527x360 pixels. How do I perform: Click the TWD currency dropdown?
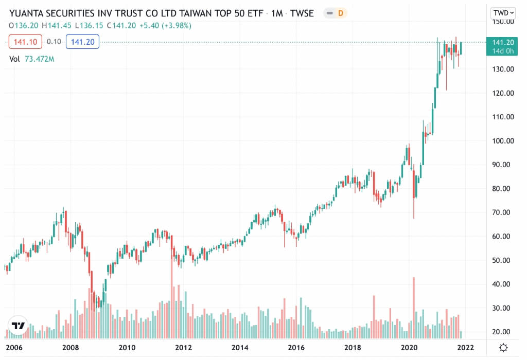[504, 12]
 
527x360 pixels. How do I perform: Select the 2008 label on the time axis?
[71, 347]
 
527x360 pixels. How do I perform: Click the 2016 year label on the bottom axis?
[296, 347]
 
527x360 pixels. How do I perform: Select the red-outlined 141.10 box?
[24, 42]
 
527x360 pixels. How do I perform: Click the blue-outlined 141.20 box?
[82, 42]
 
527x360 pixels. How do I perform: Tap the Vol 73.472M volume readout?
[32, 59]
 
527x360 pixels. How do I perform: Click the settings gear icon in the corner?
[504, 347]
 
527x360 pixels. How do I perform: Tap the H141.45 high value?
[57, 25]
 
